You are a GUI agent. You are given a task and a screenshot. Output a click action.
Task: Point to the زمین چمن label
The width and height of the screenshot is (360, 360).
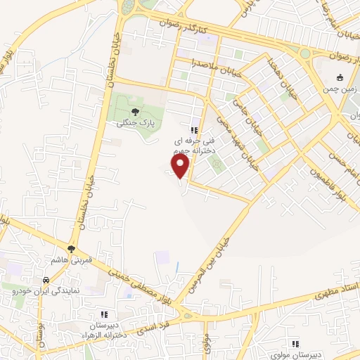[x=336, y=89]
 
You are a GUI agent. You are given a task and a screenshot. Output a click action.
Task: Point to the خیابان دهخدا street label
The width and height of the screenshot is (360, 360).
[x=276, y=75]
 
